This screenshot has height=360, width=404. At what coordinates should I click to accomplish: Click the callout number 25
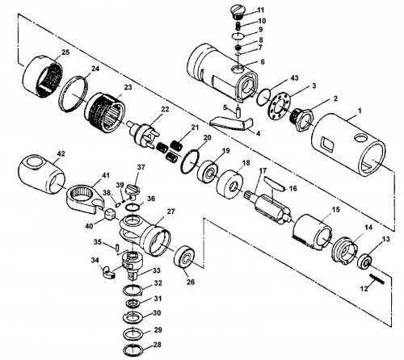65,52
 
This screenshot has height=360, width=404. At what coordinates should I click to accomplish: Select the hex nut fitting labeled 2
303,119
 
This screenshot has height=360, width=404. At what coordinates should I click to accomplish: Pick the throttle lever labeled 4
231,123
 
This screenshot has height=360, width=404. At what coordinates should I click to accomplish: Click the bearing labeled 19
208,171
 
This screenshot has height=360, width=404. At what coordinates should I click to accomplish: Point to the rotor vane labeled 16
274,184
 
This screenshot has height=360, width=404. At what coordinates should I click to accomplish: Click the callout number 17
263,170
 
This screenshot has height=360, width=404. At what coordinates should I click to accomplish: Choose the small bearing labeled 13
365,262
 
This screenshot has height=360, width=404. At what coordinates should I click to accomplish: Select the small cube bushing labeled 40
110,215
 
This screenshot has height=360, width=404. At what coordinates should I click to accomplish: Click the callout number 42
61,153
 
